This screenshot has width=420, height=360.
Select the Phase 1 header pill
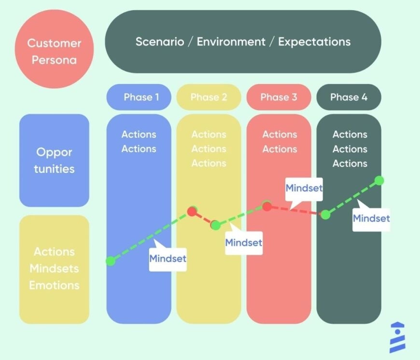tap(139, 97)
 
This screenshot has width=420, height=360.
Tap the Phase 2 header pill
tap(209, 97)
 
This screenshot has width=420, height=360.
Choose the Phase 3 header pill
tap(279, 97)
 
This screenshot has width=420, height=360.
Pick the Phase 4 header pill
tap(349, 97)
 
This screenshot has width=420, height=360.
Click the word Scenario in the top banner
tap(158, 42)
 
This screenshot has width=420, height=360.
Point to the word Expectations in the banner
tap(314, 42)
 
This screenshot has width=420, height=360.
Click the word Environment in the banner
tap(231, 42)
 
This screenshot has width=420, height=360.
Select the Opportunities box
tap(54, 160)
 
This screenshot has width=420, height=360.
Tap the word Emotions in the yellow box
tap(54, 285)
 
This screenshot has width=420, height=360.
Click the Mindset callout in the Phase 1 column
tap(168, 259)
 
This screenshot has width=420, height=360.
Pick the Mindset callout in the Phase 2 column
tap(244, 242)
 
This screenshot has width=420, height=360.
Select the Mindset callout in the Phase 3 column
tap(304, 188)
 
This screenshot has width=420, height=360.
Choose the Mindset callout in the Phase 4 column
tap(371, 219)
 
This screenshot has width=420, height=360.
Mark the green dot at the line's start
tap(111, 261)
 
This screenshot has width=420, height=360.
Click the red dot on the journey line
tap(192, 211)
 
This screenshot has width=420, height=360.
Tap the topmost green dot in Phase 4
tap(379, 180)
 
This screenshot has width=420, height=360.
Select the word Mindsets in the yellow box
tap(54, 268)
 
